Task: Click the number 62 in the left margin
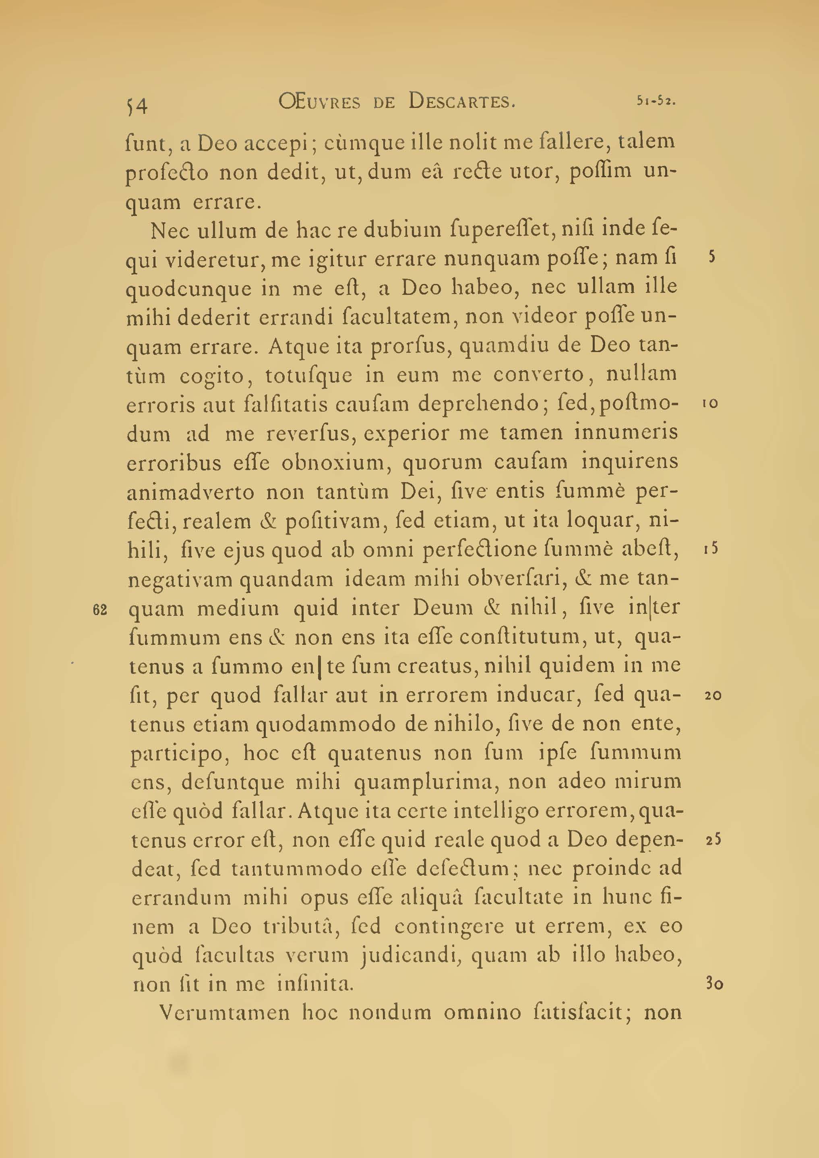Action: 100,610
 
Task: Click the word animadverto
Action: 190,492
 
